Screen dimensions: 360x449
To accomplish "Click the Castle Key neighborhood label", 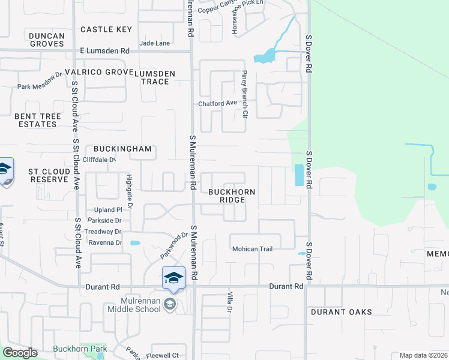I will [x=106, y=29].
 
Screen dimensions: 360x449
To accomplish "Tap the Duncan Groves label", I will [x=46, y=40].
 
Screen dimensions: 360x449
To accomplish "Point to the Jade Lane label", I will [x=154, y=43].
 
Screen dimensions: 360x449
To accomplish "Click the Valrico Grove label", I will [x=102, y=72].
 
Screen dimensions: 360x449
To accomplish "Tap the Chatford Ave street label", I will [x=218, y=103].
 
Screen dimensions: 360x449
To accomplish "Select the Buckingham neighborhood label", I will [x=122, y=149].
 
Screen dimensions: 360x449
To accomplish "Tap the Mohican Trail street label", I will [x=252, y=249].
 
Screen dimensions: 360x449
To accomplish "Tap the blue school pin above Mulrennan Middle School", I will [x=173, y=278].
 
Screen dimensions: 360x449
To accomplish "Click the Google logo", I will [x=20, y=353].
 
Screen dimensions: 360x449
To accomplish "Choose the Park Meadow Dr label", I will [x=40, y=86].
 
